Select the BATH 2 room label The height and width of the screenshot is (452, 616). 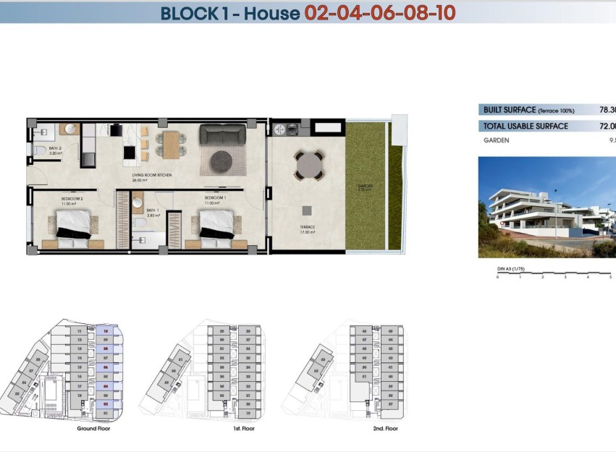[55, 150]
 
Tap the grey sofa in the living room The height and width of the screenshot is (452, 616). [224, 135]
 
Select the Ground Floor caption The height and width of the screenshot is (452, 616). [93, 429]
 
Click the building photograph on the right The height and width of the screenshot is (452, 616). [547, 208]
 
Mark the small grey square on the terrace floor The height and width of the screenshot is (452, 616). [308, 210]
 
